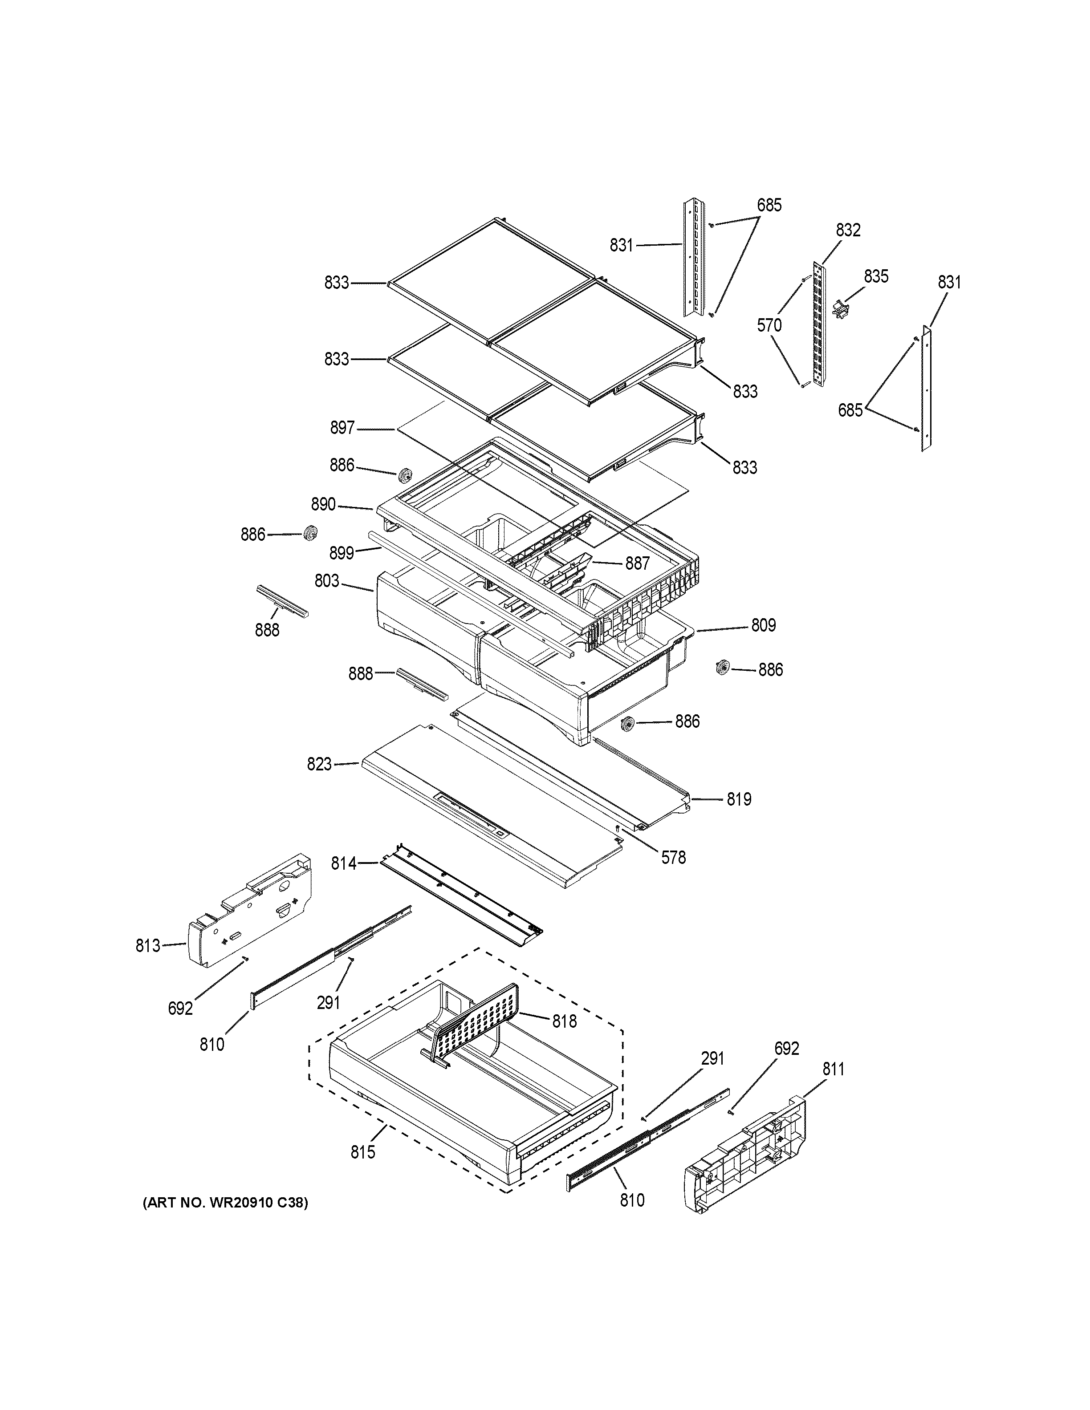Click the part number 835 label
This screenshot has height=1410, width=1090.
[x=876, y=276]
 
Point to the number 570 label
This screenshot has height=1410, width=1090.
[x=769, y=326]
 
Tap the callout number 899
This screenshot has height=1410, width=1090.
[x=341, y=553]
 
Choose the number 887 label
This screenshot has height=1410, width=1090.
[x=637, y=563]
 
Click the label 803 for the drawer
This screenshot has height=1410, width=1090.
[x=327, y=581]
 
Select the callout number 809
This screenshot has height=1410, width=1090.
[x=763, y=625]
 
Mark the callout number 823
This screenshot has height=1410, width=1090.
[x=320, y=764]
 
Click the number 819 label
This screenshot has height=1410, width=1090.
[x=739, y=799]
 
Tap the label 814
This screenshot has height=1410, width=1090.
[x=344, y=863]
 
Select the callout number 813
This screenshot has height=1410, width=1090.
[x=148, y=946]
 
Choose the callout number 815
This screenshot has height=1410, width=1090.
[x=363, y=1152]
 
